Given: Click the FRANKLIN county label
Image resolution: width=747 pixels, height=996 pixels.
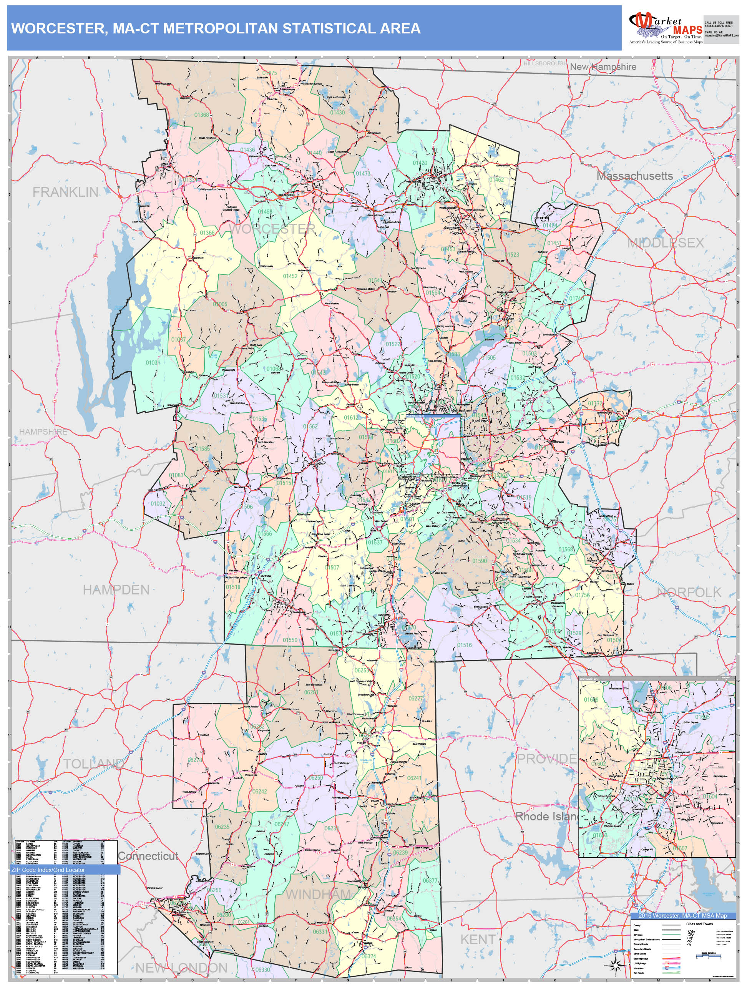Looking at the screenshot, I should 66,192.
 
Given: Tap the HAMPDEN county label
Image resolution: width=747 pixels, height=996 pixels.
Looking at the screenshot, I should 116,590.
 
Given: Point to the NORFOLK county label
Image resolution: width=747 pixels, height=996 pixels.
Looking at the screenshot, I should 689,593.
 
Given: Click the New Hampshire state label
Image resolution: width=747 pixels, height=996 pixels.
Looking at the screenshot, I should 603,67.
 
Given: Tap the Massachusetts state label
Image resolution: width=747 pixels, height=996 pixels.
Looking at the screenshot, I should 634,176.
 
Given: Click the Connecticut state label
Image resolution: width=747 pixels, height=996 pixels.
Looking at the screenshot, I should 148,856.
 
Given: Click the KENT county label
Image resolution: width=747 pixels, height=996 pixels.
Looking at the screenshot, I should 478,940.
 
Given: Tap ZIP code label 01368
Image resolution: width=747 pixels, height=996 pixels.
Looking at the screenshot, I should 202,115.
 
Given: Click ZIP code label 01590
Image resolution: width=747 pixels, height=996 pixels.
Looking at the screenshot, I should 479,561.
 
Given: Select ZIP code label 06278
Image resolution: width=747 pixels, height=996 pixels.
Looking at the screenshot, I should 194,760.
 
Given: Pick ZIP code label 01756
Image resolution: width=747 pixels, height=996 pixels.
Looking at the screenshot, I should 582,595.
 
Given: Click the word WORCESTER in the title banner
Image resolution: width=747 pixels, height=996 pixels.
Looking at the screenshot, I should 58,28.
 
